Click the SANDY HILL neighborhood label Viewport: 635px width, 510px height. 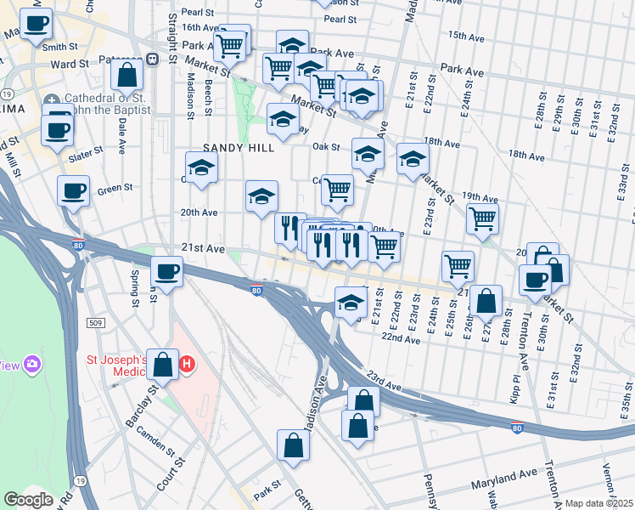238,148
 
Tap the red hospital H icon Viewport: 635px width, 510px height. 188,365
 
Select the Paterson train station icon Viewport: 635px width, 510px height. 153,59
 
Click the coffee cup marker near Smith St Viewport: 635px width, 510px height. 36,25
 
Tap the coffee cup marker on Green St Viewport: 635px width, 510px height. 73,190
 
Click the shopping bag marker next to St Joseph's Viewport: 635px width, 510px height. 161,365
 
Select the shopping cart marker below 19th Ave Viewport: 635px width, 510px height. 482,218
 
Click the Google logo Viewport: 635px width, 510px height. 29,500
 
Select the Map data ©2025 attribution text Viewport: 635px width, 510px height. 598,503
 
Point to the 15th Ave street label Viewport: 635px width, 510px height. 465,36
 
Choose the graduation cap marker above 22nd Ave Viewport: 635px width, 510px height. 350,303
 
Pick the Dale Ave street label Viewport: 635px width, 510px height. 123,135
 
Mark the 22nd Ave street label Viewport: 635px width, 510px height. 401,339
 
